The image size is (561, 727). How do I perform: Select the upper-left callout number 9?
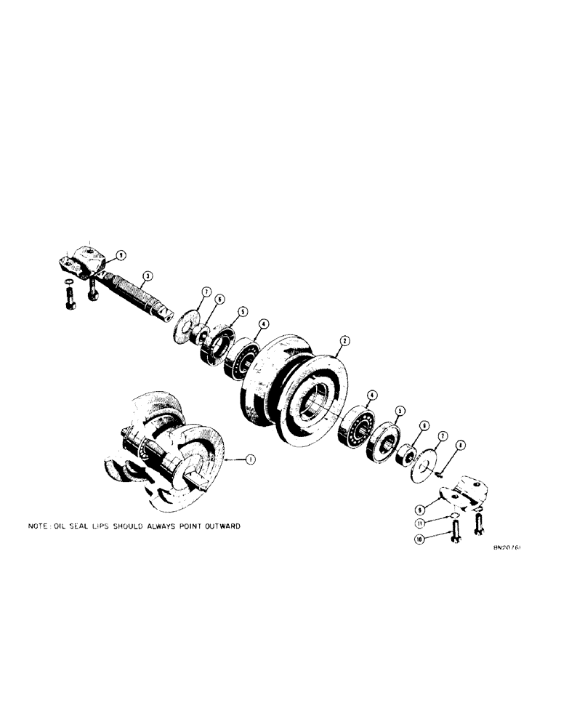[x=121, y=254]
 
